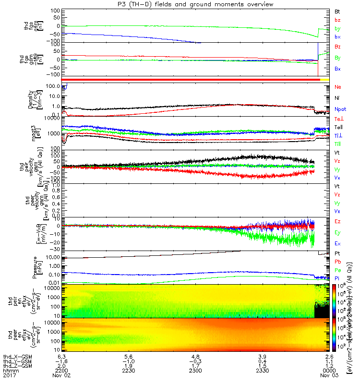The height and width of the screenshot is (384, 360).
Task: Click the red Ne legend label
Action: (x=338, y=87)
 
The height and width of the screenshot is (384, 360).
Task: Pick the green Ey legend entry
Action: (x=338, y=233)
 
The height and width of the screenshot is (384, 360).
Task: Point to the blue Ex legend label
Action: (x=338, y=244)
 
